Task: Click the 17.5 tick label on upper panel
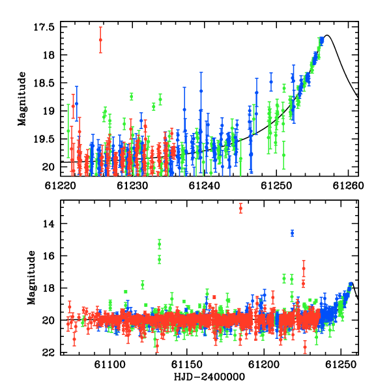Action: point(44,27)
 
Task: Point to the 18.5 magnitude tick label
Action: point(44,83)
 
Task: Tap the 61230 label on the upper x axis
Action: point(132,186)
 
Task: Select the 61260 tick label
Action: point(349,186)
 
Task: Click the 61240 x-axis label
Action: point(204,186)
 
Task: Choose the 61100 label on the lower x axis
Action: point(109,364)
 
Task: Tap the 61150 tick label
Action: point(187,364)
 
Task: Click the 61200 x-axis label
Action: point(264,364)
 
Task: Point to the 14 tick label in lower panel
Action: point(48,224)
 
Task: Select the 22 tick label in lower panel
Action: point(48,353)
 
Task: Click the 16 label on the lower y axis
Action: point(48,256)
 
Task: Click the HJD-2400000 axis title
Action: point(209,377)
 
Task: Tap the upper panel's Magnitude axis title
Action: point(22,99)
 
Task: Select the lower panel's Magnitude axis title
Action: point(31,278)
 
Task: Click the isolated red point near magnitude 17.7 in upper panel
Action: point(100,40)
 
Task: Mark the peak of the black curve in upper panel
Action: point(327,35)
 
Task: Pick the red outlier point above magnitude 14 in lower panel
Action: point(240,209)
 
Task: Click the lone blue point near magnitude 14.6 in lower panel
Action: point(292,233)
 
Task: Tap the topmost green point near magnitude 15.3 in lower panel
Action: point(160,244)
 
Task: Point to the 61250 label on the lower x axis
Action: point(341,364)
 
